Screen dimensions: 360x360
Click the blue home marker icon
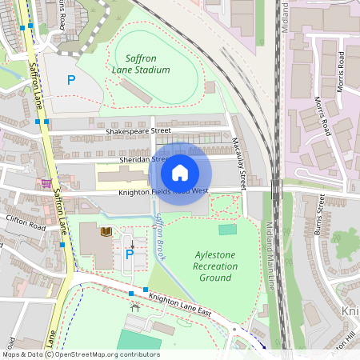tap(180, 173)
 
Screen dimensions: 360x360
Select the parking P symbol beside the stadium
tap(70, 80)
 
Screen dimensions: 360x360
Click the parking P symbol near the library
tap(129, 254)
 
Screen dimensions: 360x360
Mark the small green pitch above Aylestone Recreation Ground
tap(228, 230)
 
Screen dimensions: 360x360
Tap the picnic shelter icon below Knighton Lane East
tap(134, 305)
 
